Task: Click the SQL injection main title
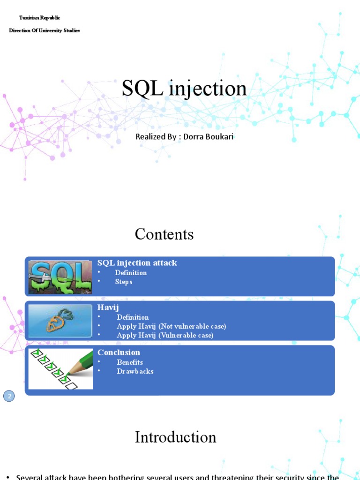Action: coord(184,88)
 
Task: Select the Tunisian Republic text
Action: coord(39,17)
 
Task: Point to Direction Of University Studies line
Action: coord(45,30)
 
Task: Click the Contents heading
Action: coord(164,234)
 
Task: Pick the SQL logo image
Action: coord(60,277)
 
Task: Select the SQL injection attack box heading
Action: coord(137,263)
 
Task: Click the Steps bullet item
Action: coord(124,282)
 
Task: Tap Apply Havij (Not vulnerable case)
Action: coord(171,326)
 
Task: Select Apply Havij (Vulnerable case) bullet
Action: coord(165,335)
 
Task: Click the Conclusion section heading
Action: coord(119,352)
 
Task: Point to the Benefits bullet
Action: coord(130,362)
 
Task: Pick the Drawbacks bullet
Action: coord(135,371)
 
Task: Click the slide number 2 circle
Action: coord(9,396)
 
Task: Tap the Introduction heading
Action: coord(175,437)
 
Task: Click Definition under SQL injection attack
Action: coord(131,273)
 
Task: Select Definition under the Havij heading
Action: coord(133,317)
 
